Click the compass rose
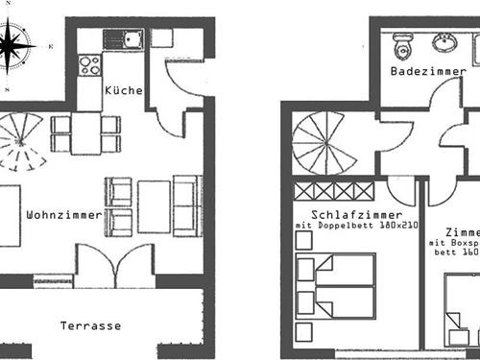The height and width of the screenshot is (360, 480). tap(16, 42)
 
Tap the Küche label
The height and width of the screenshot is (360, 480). tap(125, 91)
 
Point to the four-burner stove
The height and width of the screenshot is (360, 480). tap(90, 65)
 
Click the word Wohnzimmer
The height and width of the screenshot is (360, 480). tap(64, 215)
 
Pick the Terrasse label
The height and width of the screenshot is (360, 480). tap(91, 325)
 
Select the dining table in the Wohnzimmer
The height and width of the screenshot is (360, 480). tap(85, 133)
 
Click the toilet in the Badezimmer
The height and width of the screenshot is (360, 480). tap(401, 42)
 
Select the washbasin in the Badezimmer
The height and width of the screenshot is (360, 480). tap(444, 42)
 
